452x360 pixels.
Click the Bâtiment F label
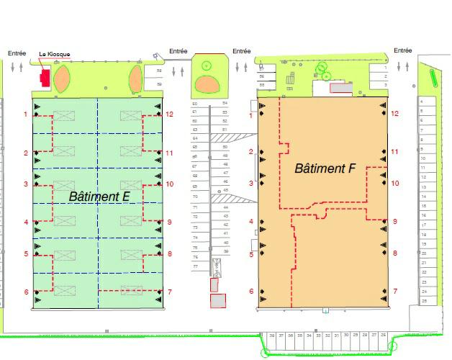pyautogui.click(x=325, y=168)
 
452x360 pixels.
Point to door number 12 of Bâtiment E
pyautogui.click(x=170, y=114)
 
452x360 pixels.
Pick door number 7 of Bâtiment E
pyautogui.click(x=170, y=292)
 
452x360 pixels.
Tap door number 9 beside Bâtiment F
pyautogui.click(x=394, y=222)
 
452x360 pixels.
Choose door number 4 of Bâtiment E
pyautogui.click(x=26, y=222)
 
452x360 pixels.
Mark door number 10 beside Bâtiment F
pyautogui.click(x=394, y=184)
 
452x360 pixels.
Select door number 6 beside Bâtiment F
pyautogui.click(x=251, y=292)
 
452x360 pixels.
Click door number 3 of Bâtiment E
pyautogui.click(x=26, y=184)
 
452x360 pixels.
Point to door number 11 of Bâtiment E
pyautogui.click(x=170, y=153)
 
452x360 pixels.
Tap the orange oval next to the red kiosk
pyautogui.click(x=63, y=78)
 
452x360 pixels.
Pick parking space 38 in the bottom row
pyautogui.click(x=271, y=336)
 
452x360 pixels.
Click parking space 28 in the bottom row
pyautogui.click(x=383, y=336)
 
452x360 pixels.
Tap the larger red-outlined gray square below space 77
pyautogui.click(x=217, y=300)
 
